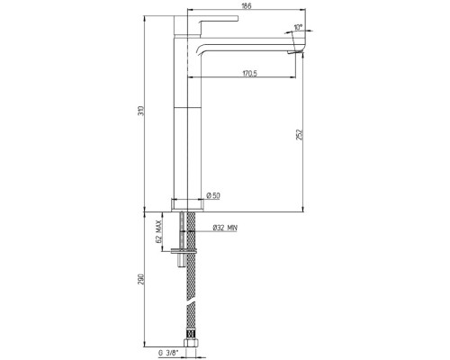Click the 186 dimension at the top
(x=247, y=5)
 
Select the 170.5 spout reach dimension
(x=250, y=73)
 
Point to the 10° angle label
(x=298, y=27)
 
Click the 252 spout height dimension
(x=301, y=134)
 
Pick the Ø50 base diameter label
(x=213, y=196)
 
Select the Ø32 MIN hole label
(x=225, y=228)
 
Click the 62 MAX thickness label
(x=159, y=231)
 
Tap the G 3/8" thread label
(x=168, y=353)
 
